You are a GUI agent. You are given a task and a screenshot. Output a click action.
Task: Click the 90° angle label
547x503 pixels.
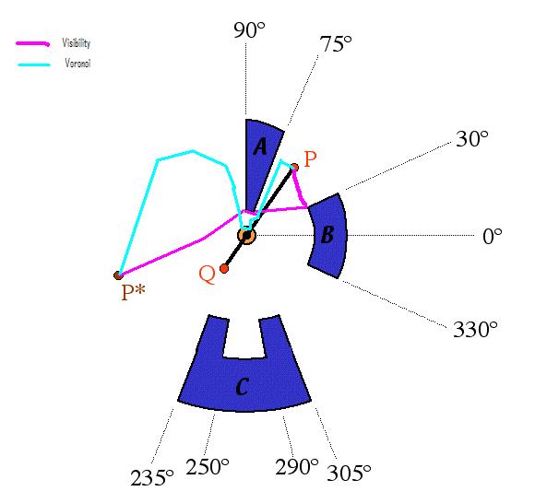point(249,30)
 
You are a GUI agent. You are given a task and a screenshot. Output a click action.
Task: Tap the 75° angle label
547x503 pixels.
point(335,44)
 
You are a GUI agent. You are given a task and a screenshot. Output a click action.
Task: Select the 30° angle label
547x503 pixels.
point(472,138)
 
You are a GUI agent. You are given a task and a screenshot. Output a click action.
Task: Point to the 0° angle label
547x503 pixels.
point(493,236)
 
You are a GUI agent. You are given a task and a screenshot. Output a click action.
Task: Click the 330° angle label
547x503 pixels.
point(475,329)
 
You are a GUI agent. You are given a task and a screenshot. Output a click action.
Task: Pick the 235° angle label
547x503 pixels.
point(152,477)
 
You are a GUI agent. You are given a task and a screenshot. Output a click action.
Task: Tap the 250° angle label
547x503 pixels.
point(208,467)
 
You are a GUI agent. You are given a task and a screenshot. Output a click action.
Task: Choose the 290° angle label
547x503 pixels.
point(297,467)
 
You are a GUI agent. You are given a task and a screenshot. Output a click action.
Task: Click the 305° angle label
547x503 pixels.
point(349,473)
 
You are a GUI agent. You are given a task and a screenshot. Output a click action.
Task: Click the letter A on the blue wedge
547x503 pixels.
point(261,146)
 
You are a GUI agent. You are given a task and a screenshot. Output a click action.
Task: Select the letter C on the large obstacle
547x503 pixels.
point(243,387)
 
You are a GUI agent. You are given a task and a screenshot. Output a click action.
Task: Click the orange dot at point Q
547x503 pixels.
point(224,269)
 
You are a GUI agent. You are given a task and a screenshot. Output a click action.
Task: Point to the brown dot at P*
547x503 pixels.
point(118,275)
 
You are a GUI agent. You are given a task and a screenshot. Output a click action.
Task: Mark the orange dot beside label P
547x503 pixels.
point(295,167)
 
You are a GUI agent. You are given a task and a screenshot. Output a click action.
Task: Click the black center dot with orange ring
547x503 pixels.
point(246,236)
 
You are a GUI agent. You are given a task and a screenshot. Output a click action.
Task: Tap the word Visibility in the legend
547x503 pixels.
point(76,43)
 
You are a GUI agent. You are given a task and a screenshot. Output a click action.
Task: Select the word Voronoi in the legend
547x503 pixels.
point(77,63)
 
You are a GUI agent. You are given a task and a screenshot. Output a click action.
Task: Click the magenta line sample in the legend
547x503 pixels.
point(33,43)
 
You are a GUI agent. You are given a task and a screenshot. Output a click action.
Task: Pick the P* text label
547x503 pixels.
point(133,292)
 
